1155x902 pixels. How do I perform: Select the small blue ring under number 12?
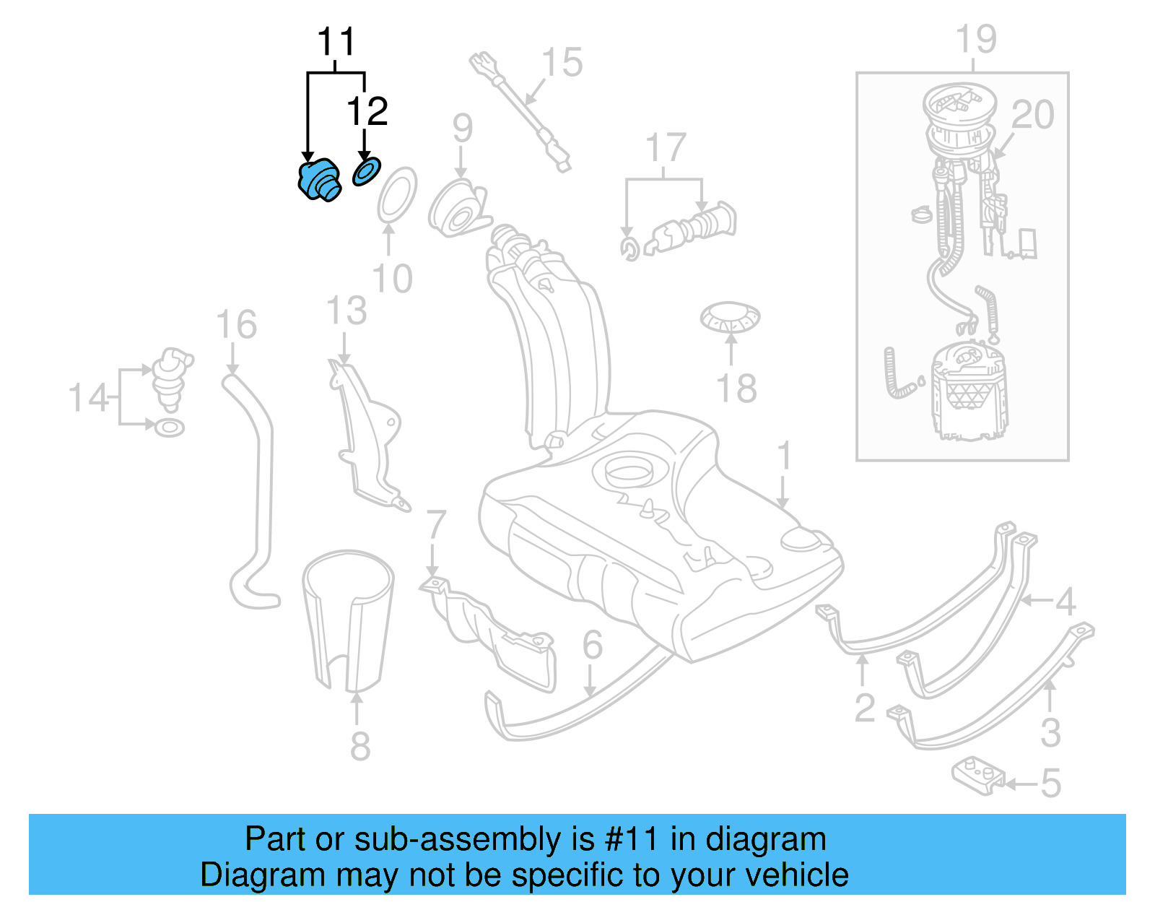(366, 173)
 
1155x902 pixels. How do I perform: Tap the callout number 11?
(336, 43)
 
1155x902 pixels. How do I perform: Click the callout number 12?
(367, 112)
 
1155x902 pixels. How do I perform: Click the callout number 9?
(463, 129)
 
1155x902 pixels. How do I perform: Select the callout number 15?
(562, 63)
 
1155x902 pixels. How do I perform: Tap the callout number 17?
(665, 148)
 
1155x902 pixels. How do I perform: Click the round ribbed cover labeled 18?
(730, 316)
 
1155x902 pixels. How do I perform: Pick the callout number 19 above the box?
(975, 39)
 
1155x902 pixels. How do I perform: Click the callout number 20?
(1032, 115)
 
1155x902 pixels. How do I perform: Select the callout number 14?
(88, 398)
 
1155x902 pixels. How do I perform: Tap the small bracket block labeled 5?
(977, 776)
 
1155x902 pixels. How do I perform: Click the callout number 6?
(592, 645)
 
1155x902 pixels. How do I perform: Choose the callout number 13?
(346, 311)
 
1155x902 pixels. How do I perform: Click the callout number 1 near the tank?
(784, 456)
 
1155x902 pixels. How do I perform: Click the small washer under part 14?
(170, 428)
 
